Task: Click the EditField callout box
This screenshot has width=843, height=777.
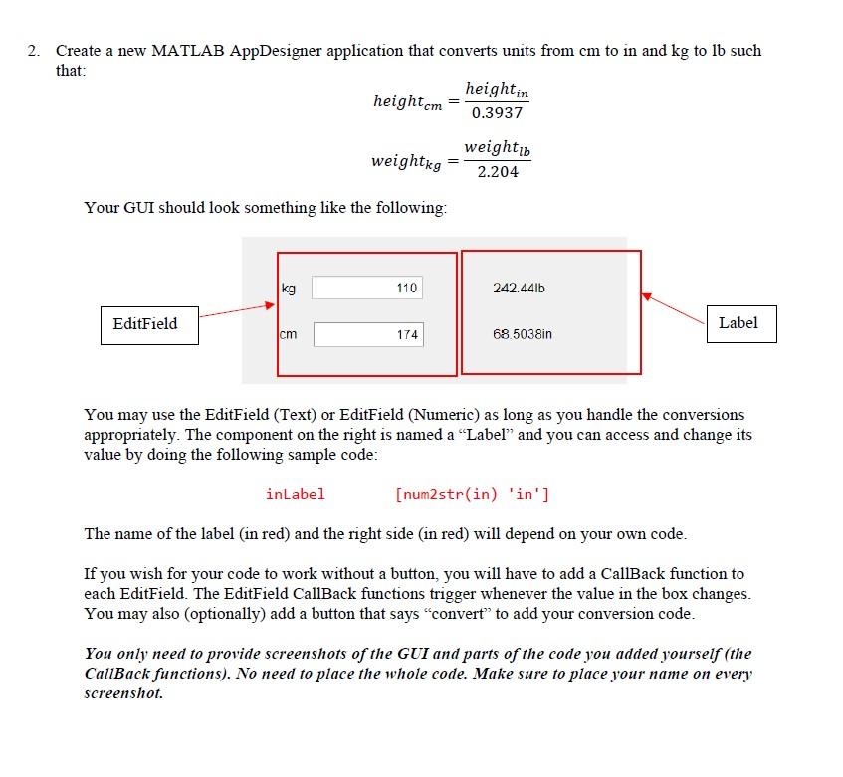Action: [x=145, y=324]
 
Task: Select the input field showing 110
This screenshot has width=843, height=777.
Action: [x=368, y=288]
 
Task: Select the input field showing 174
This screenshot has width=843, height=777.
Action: [x=368, y=335]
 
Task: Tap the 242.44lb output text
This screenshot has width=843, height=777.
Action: [x=519, y=288]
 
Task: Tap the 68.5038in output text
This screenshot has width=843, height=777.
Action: [x=522, y=335]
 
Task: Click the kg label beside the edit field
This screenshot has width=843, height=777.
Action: [x=289, y=288]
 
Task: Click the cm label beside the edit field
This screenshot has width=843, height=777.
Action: [x=288, y=334]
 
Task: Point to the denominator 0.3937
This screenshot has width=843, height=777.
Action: [x=497, y=113]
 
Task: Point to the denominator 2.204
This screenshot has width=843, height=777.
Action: [x=497, y=172]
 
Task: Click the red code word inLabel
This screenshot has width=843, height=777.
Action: [x=295, y=494]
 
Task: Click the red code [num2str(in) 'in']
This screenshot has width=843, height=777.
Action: [x=472, y=494]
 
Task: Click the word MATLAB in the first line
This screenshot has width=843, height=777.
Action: [x=187, y=51]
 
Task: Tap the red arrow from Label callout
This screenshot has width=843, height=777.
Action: [x=674, y=307]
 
